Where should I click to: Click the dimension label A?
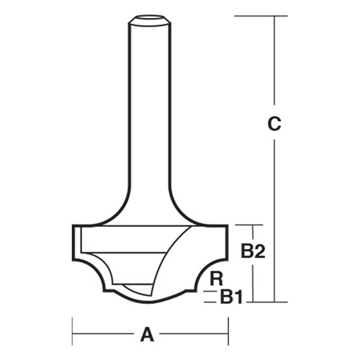pos(148,334)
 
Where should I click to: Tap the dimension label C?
pos(273,124)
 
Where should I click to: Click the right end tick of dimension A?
pos(228,334)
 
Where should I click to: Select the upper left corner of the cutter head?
pos(73,226)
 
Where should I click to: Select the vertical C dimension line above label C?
pos(274,65)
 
